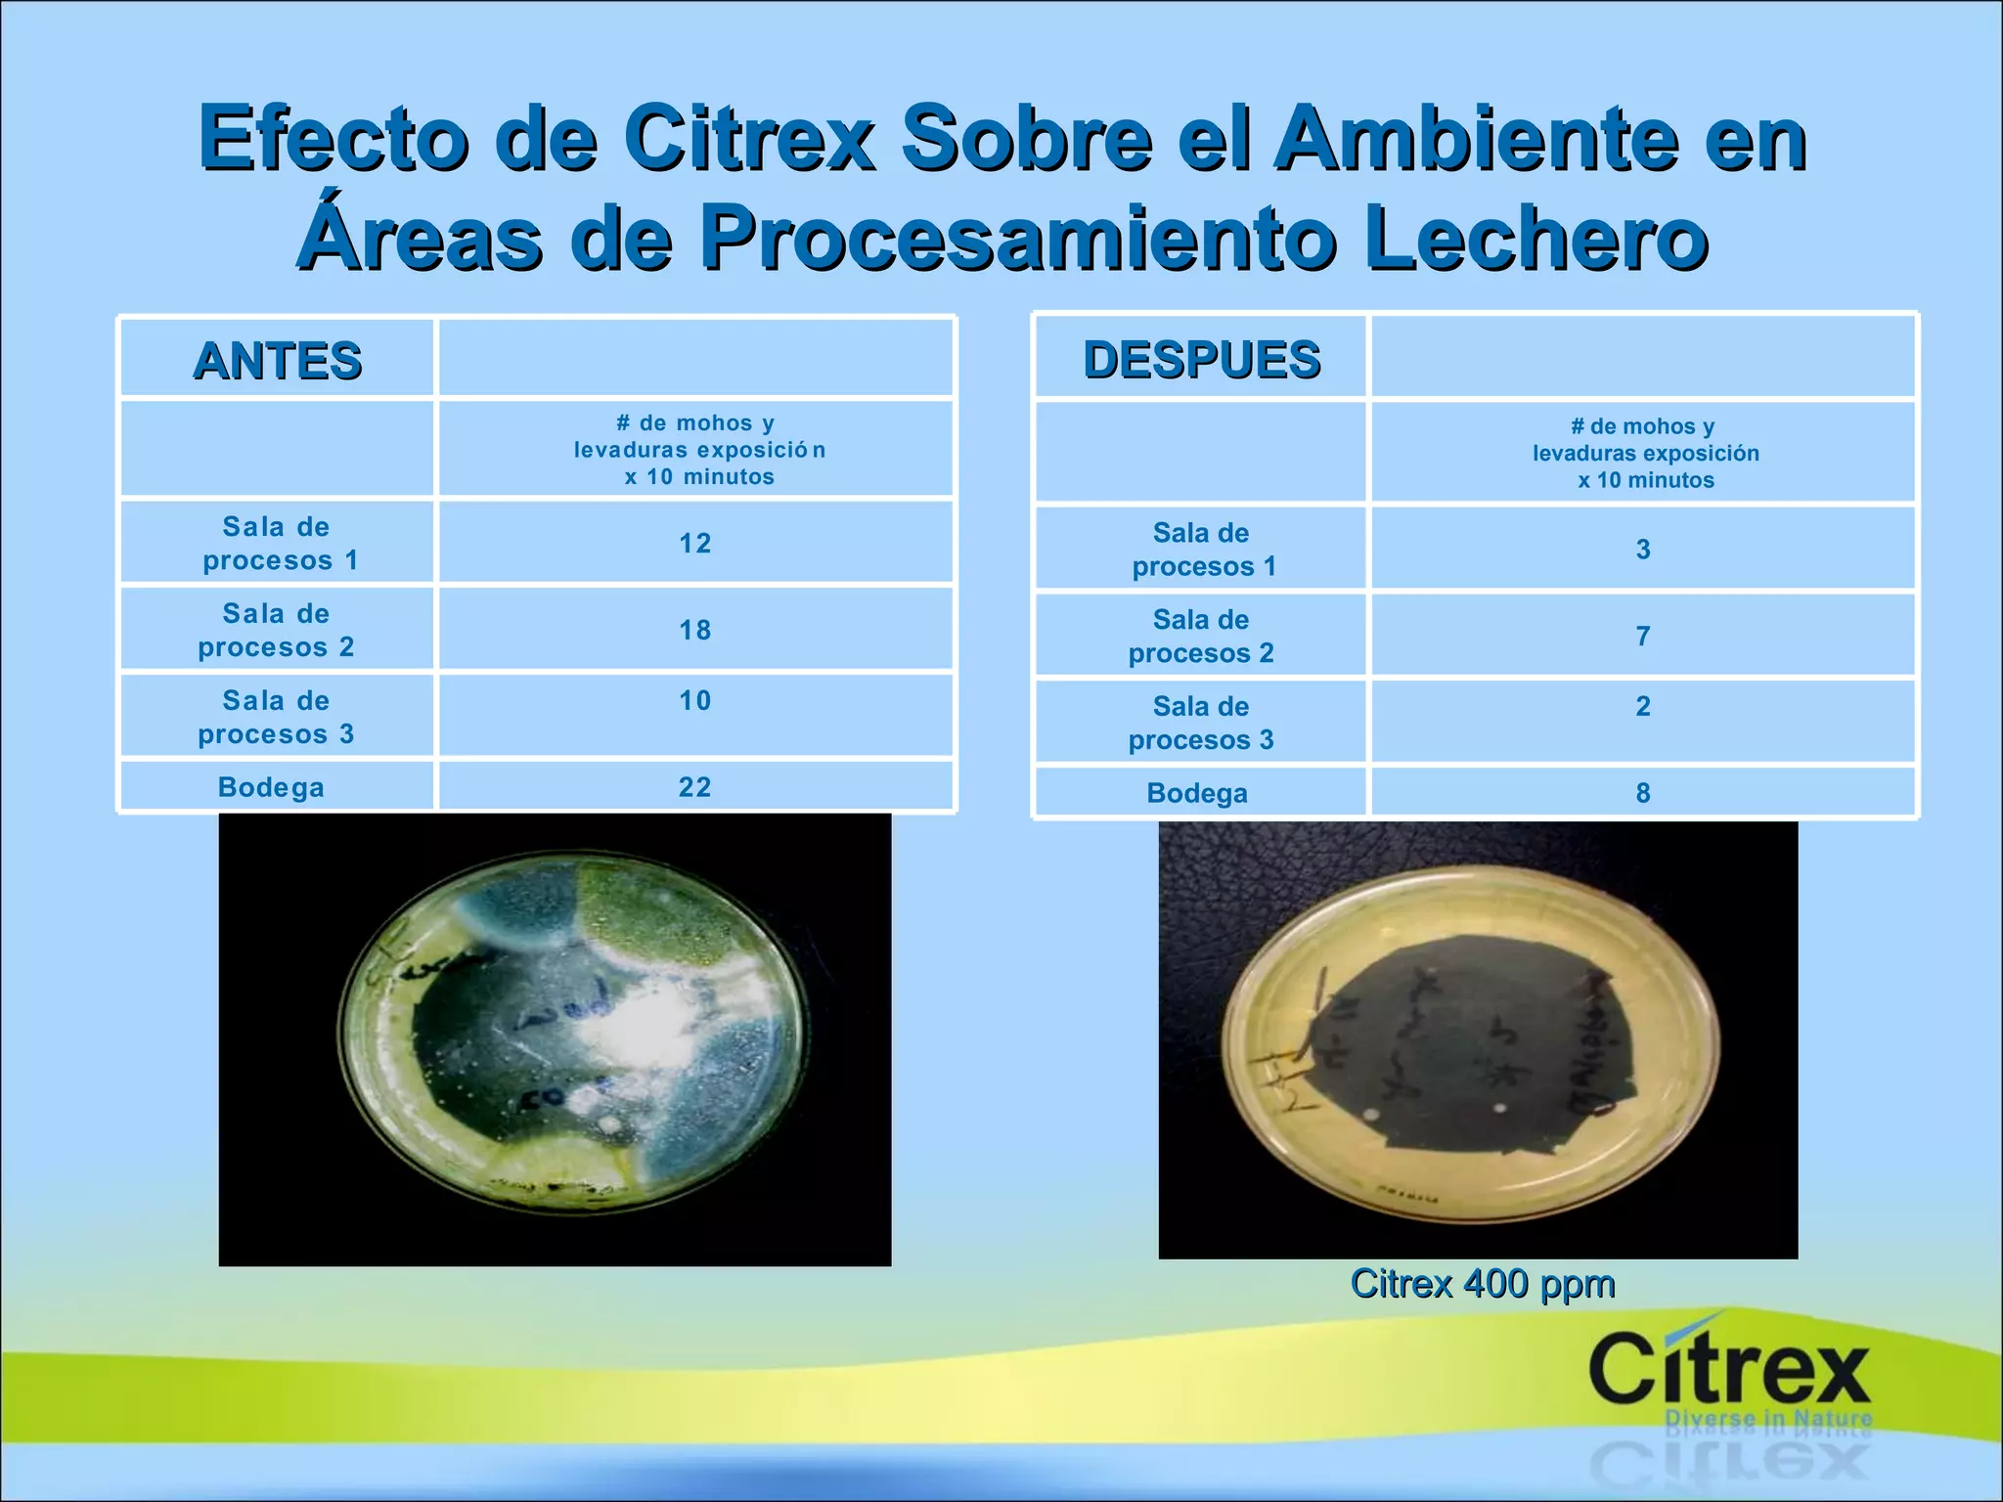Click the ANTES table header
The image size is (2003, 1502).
tap(278, 360)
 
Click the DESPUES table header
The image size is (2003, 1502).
tap(1202, 359)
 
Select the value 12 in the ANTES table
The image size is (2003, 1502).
tap(695, 544)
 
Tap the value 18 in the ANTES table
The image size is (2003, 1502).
tap(695, 631)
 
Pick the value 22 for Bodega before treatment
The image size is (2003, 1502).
tap(695, 787)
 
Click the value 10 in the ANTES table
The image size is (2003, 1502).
tap(695, 701)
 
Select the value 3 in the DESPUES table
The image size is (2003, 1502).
tap(1643, 550)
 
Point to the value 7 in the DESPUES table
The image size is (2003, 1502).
tap(1643, 637)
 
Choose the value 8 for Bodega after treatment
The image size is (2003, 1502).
tap(1643, 793)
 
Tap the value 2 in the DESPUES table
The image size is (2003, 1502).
tap(1643, 707)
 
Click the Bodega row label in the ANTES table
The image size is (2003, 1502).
tap(271, 787)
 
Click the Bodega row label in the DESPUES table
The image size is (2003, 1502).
tap(1197, 793)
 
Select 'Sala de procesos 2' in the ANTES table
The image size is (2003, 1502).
tap(277, 631)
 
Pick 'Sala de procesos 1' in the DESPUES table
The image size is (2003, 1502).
tap(1203, 550)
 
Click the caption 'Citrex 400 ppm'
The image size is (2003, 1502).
tap(1482, 1284)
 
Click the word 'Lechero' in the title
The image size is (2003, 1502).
tap(1536, 238)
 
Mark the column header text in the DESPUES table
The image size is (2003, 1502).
tap(1646, 454)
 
